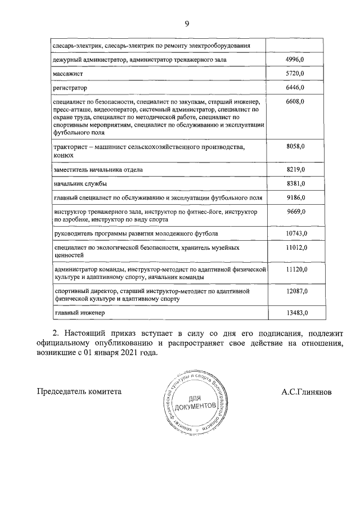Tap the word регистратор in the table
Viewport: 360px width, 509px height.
click(x=70, y=88)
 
